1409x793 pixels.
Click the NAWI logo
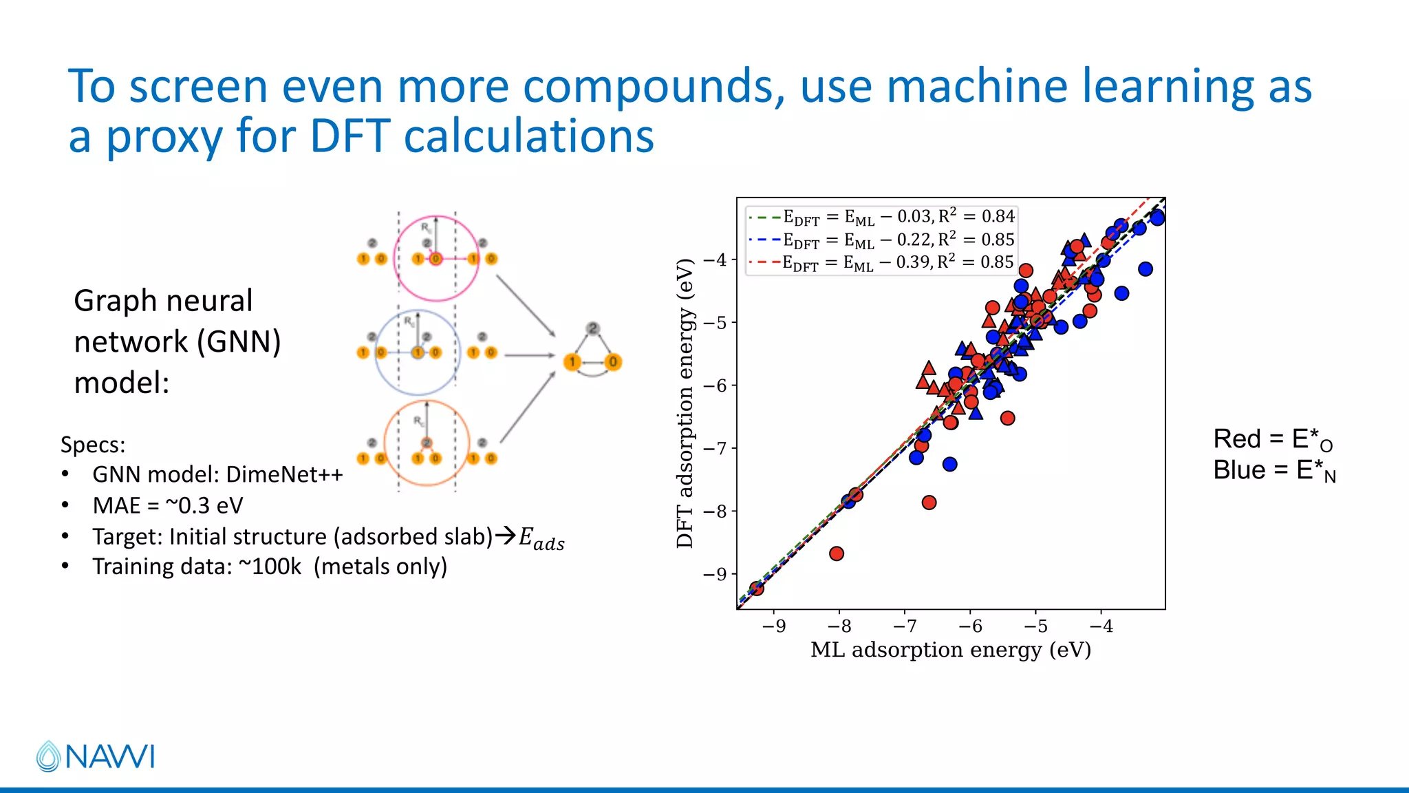pos(96,756)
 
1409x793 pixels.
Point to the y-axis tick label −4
pos(715,260)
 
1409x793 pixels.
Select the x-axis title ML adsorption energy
pos(950,650)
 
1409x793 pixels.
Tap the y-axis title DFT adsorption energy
pos(685,403)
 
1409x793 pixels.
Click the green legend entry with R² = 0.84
pos(881,217)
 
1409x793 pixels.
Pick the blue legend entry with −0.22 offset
pos(881,240)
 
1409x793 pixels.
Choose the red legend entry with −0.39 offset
pos(881,263)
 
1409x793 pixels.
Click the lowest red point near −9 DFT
pos(757,589)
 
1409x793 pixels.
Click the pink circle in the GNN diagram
pos(435,258)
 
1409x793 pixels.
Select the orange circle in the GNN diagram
pos(427,443)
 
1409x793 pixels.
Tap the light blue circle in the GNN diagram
pos(417,352)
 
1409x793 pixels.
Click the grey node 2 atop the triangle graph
pos(592,328)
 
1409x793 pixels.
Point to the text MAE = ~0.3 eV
pos(168,505)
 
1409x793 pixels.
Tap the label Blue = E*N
pos(1273,471)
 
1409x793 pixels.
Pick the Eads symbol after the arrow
pos(541,538)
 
